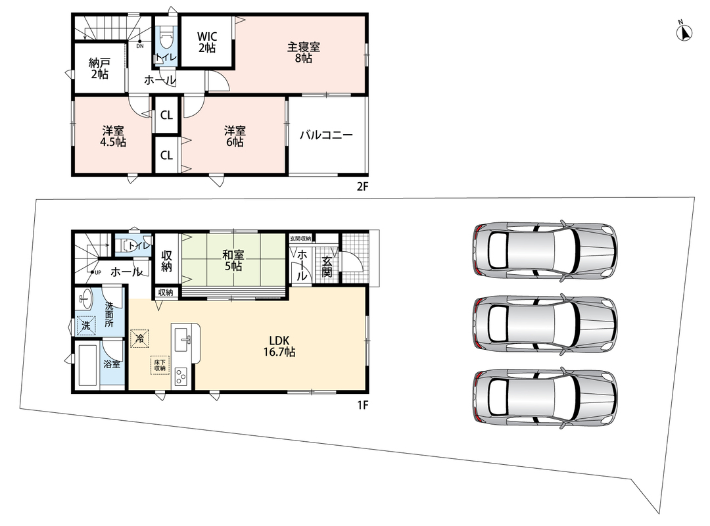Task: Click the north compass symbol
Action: click(684, 33)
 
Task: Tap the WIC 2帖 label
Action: click(207, 42)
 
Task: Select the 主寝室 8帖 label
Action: click(303, 52)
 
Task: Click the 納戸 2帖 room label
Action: click(100, 68)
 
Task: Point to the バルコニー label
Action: click(326, 135)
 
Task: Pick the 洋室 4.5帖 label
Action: click(113, 136)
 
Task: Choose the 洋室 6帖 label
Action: click(235, 136)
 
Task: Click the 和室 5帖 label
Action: click(233, 260)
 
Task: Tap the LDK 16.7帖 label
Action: click(279, 346)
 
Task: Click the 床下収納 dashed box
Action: click(160, 365)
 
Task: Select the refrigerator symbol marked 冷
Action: click(139, 338)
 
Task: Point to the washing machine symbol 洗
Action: click(86, 325)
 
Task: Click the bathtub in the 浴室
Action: click(88, 365)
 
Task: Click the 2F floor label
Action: click(362, 186)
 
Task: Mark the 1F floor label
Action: click(362, 405)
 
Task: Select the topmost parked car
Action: click(545, 248)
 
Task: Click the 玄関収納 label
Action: click(300, 238)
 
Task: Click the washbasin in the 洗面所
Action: click(85, 298)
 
